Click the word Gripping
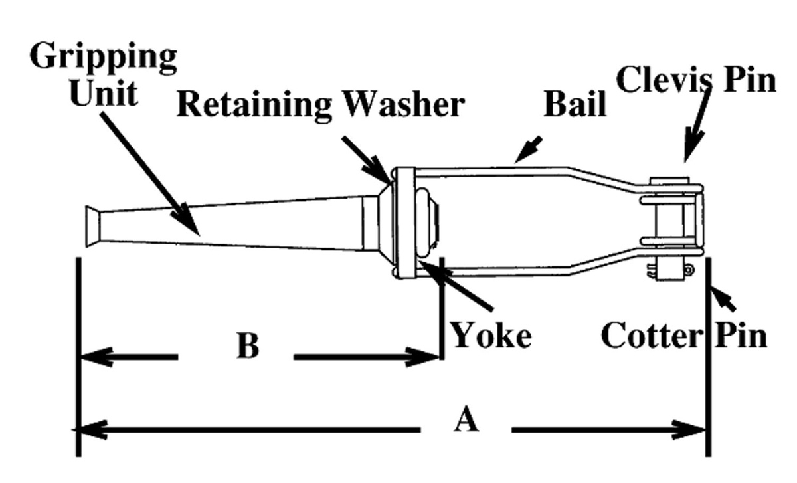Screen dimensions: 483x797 coord(103,58)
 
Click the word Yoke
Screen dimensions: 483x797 coord(491,335)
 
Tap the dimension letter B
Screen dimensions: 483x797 coord(248,345)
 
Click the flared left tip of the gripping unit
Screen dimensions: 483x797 coord(92,227)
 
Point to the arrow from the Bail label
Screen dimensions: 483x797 coord(529,149)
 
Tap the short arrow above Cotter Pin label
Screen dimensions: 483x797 coord(724,299)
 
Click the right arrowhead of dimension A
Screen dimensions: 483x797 coord(691,429)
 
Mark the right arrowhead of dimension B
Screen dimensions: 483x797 coord(425,358)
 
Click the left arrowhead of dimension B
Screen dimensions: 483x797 coord(96,358)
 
